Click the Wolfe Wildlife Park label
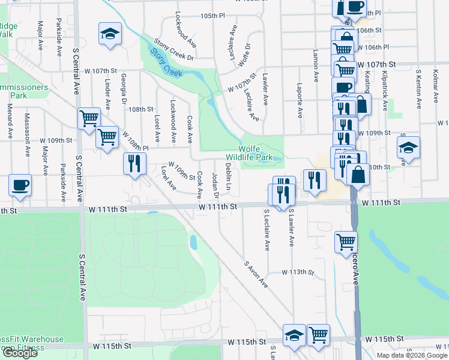256,153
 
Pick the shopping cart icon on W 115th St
318,335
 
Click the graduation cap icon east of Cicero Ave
408,149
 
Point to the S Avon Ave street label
256,274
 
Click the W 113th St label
298,272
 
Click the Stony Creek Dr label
173,49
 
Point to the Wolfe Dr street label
244,55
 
